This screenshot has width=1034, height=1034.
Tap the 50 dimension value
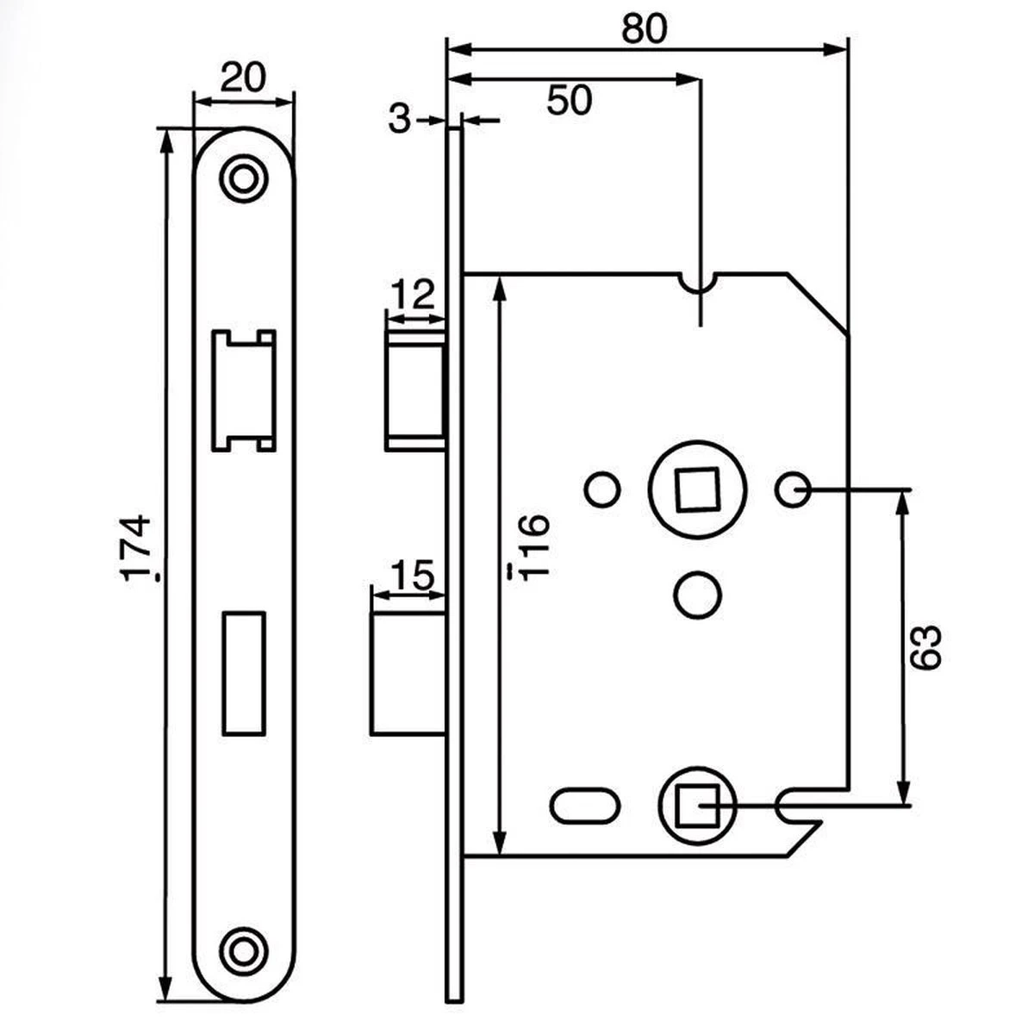tap(570, 101)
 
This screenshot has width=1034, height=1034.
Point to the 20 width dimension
tap(242, 79)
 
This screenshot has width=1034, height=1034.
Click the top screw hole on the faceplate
tap(243, 178)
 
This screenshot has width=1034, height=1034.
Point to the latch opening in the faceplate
tap(243, 389)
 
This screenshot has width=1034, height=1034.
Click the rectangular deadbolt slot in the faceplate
tap(243, 673)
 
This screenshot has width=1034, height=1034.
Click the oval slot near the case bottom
tap(585, 807)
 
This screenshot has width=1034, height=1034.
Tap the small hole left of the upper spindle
tap(601, 490)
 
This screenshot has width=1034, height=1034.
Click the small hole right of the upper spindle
tap(792, 490)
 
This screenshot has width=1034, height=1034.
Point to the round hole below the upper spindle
tap(696, 595)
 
